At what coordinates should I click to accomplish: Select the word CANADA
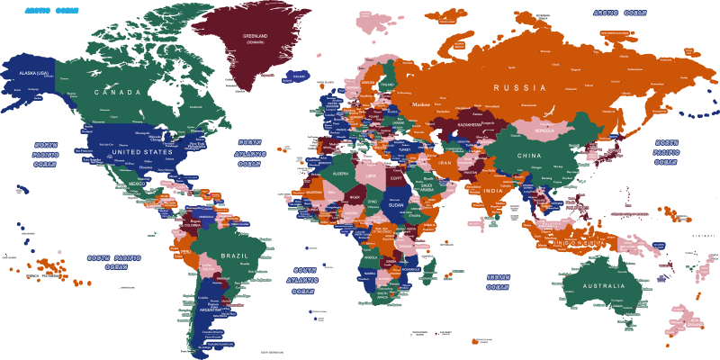(x=124, y=93)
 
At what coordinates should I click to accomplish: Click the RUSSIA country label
(x=519, y=88)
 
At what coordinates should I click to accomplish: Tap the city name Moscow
(x=421, y=104)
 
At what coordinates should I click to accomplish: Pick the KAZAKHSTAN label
(x=469, y=124)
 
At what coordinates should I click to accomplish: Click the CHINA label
(x=530, y=156)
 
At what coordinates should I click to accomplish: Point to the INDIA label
(x=492, y=191)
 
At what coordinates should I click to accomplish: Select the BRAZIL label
(x=233, y=256)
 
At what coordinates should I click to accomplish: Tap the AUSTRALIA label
(x=603, y=286)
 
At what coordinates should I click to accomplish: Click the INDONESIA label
(x=580, y=244)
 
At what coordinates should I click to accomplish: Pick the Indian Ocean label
(x=499, y=282)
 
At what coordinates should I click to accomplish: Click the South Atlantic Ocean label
(x=305, y=280)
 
